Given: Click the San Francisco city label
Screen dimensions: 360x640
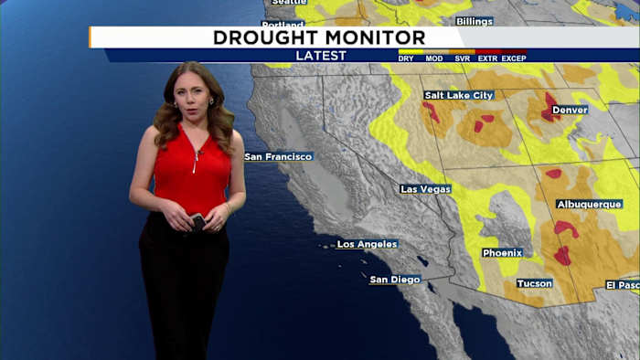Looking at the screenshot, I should coord(279,156).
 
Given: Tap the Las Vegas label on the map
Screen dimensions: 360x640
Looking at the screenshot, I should coord(425,189).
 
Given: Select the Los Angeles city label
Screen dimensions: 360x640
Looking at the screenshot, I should coord(367,244).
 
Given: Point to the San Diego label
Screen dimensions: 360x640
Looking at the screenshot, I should coord(395,280).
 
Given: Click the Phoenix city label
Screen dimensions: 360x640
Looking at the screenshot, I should coord(502,252).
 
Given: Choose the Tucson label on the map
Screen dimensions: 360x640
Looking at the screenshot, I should coord(534,283).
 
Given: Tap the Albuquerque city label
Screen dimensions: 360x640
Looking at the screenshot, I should coord(590,205).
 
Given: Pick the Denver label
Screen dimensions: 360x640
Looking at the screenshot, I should coord(571,110).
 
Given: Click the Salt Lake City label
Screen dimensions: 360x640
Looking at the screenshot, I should coord(458,95).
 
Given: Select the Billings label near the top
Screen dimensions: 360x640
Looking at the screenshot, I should coord(474,21).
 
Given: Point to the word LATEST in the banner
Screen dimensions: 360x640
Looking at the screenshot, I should coord(321,56).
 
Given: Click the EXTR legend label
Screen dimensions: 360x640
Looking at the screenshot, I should coord(487,58).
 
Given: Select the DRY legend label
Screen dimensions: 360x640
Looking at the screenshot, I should coord(406,58).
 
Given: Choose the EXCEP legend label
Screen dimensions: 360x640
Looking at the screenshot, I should coord(514,58).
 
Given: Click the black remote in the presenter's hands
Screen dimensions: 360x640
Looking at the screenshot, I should coord(197,221).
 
